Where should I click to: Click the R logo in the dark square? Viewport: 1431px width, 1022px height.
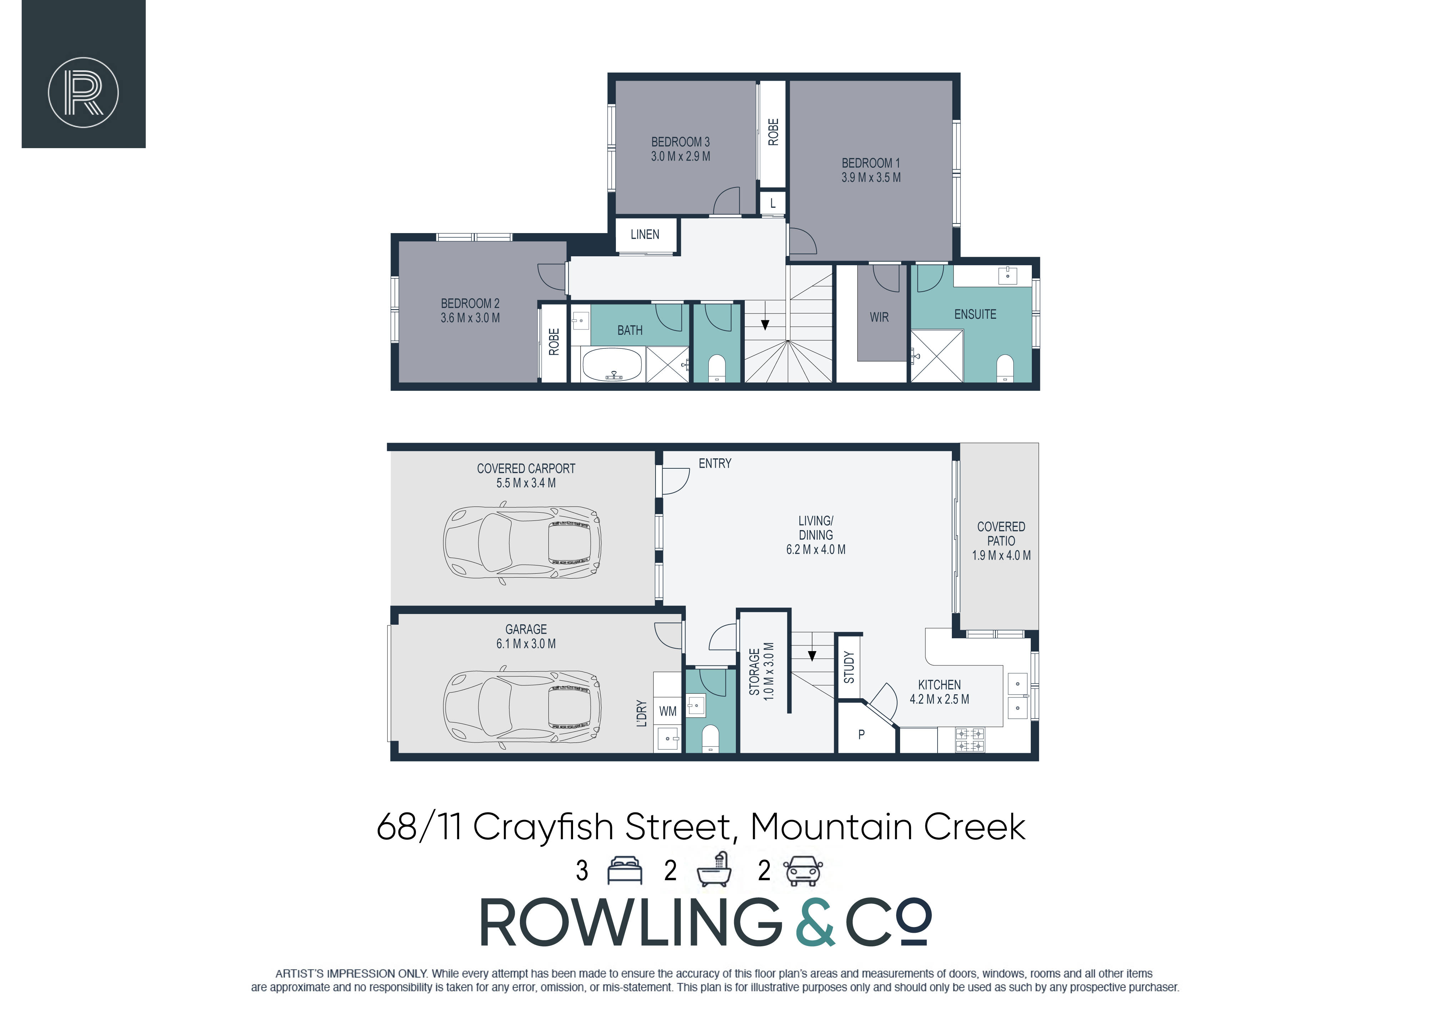pyautogui.click(x=83, y=92)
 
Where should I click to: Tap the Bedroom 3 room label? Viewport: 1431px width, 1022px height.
pyautogui.click(x=680, y=142)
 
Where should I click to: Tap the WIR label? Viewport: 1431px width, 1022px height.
pyautogui.click(x=879, y=318)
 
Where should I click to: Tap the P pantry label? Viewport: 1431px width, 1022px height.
pyautogui.click(x=862, y=734)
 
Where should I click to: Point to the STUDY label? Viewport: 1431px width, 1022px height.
pyautogui.click(x=849, y=667)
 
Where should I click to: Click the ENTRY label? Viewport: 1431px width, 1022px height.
pyautogui.click(x=715, y=464)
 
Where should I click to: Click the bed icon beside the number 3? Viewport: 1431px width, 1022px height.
pyautogui.click(x=624, y=871)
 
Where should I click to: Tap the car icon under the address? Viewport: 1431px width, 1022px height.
pyautogui.click(x=803, y=871)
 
